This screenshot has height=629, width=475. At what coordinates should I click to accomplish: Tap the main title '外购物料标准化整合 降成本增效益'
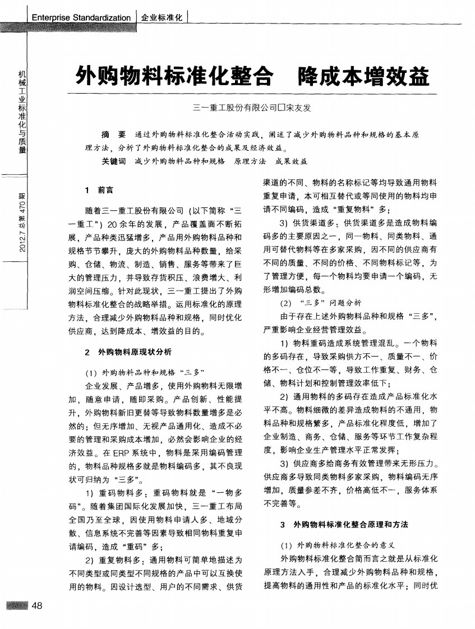click(252, 75)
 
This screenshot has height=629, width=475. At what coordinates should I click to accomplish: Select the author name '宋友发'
click(299, 108)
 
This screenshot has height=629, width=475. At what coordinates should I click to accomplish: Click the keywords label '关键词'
click(113, 161)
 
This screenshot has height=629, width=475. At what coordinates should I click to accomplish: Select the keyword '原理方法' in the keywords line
click(250, 161)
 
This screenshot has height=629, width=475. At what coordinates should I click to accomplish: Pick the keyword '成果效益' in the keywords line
click(292, 161)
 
